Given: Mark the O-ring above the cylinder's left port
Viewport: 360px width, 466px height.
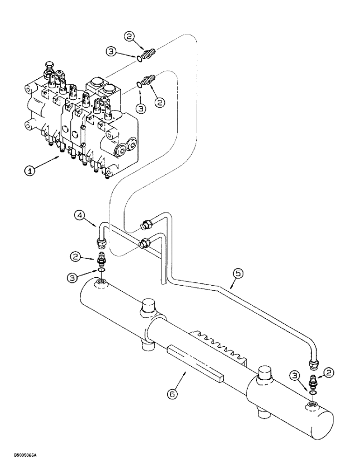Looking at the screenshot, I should (x=100, y=270).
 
